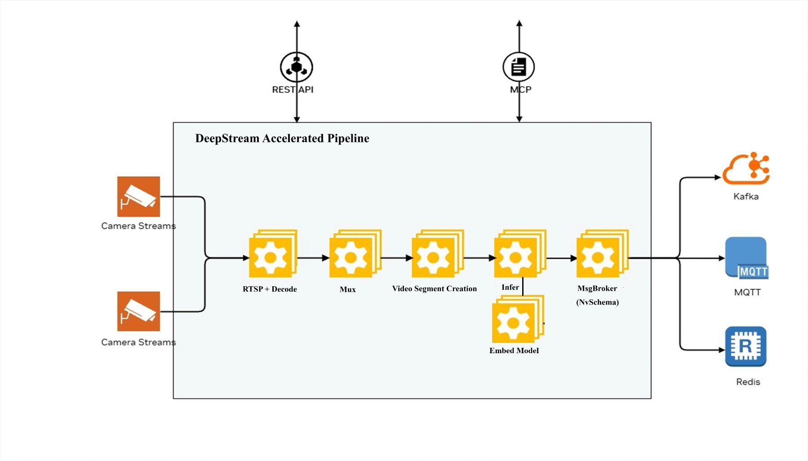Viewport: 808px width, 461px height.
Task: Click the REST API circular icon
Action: click(x=296, y=67)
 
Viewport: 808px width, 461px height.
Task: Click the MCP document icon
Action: click(x=519, y=67)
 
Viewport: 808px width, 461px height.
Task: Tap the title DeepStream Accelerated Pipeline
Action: click(x=282, y=138)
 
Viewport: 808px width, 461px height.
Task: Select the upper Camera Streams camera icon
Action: click(x=138, y=196)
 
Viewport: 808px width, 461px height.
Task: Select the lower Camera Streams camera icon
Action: click(x=138, y=311)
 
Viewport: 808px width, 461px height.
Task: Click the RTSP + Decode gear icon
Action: click(x=271, y=257)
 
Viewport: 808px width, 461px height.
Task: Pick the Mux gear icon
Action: click(x=351, y=257)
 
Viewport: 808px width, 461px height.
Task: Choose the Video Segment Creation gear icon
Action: click(x=433, y=257)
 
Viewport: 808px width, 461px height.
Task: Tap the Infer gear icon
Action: click(x=516, y=257)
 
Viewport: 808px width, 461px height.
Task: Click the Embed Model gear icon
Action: click(x=514, y=322)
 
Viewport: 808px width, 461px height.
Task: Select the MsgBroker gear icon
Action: click(x=598, y=257)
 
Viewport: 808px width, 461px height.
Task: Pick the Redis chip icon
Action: click(x=746, y=346)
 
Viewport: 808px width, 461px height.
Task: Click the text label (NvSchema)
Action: click(x=597, y=302)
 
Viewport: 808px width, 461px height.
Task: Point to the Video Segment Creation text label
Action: click(x=434, y=289)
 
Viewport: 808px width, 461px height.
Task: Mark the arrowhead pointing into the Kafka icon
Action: click(x=718, y=177)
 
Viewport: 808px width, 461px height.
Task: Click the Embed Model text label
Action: click(x=514, y=350)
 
